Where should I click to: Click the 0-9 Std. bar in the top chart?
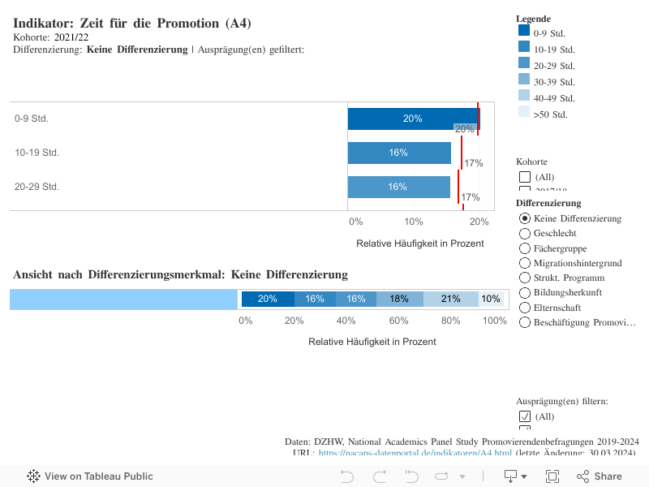413,119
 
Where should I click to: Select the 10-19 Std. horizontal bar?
398,153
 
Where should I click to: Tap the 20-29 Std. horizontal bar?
398,187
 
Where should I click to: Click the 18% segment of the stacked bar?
399,299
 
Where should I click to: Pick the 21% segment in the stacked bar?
450,299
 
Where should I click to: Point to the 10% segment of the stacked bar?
490,299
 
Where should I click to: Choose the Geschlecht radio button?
525,234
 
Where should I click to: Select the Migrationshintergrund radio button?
525,263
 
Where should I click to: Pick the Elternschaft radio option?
525,308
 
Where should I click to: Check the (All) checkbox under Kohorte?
525,177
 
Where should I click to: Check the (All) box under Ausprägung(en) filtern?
525,416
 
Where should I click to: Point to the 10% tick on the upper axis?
414,222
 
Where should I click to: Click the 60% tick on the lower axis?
398,321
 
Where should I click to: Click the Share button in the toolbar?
600,476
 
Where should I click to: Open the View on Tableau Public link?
90,476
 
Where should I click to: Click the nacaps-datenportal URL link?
415,454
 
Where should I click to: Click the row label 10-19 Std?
37,153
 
